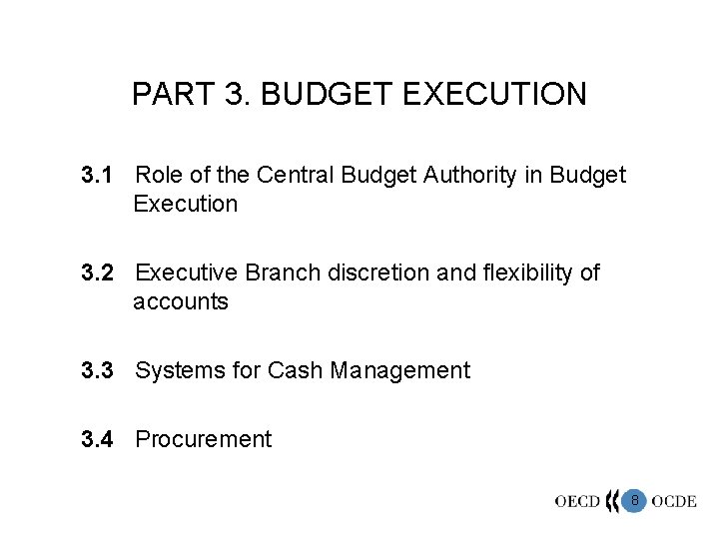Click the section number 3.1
point(98,177)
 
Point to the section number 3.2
point(98,273)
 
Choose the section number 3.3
point(98,371)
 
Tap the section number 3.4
point(98,439)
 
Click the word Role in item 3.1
point(158,177)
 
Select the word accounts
point(181,301)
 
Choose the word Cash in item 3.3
point(290,371)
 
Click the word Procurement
point(203,439)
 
